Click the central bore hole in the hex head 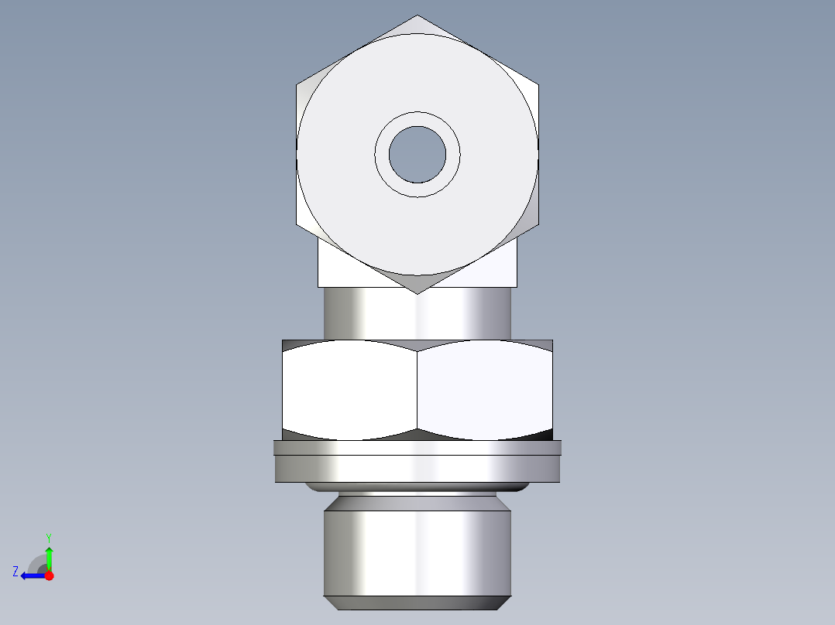pos(417,155)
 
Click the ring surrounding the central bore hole pos(417,118)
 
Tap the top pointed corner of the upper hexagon pos(417,16)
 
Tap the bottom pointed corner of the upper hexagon pos(417,292)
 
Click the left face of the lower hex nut pos(349,391)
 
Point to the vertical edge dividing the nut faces pos(417,391)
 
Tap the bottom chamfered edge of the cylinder pos(417,603)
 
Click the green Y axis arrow pos(49,557)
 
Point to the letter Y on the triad pos(49,537)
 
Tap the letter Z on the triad pos(15,572)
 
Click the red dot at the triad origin pos(49,575)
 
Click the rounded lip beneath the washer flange pos(417,488)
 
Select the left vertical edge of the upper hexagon pos(297,155)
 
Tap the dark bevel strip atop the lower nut pos(417,344)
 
